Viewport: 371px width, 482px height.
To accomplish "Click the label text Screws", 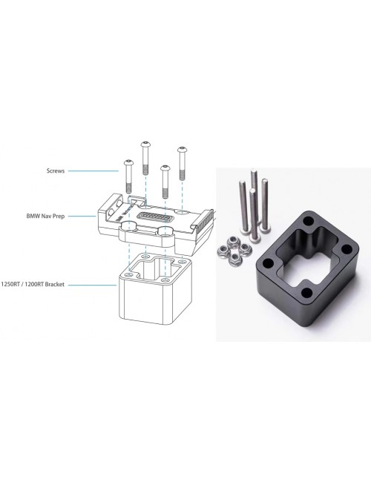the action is [x=56, y=171].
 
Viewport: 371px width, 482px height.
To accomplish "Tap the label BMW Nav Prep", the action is [x=45, y=216].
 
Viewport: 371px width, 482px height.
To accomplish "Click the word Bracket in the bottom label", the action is [x=55, y=284].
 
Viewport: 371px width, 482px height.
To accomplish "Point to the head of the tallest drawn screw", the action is [x=145, y=144].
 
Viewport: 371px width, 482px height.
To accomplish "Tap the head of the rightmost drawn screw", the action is [x=182, y=149].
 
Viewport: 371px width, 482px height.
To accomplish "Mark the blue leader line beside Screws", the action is [x=93, y=171].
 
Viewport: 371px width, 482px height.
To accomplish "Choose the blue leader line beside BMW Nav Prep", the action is [x=82, y=216].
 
